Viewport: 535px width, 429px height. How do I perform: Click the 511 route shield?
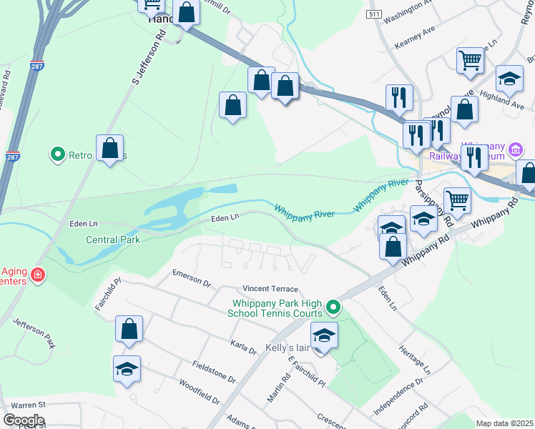click(373, 14)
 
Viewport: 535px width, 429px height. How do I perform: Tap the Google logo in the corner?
click(24, 420)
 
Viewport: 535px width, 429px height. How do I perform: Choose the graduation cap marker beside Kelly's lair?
click(324, 335)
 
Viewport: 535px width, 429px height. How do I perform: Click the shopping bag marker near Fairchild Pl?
click(129, 330)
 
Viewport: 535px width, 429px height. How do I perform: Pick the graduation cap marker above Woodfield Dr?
click(127, 369)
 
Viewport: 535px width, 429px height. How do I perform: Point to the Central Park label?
click(113, 240)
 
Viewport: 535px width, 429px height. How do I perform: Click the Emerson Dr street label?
click(192, 278)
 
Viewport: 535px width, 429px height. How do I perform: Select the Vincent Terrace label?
click(270, 288)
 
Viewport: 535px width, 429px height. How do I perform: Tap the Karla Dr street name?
click(244, 347)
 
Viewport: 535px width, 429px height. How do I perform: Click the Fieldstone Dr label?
click(214, 372)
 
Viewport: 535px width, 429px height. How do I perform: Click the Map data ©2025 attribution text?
click(504, 423)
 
